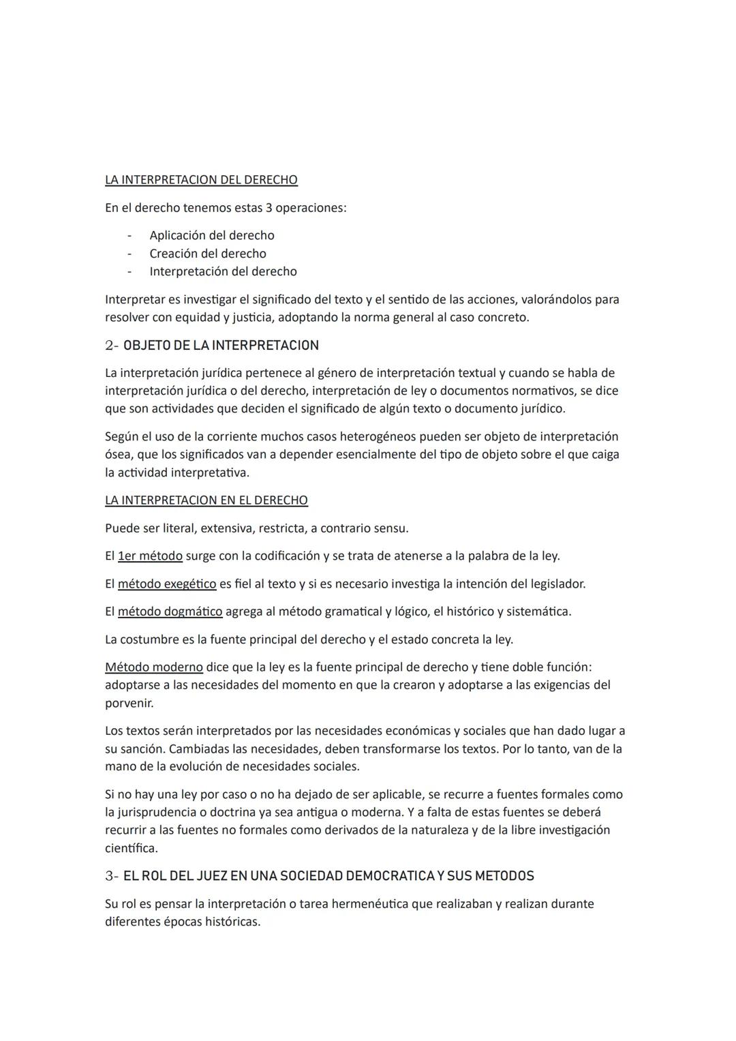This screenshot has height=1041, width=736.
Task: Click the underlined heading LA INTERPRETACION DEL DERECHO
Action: tap(201, 180)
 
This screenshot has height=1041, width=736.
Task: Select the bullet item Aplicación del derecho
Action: tap(212, 235)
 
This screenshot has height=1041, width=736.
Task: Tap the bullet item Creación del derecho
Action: tap(208, 254)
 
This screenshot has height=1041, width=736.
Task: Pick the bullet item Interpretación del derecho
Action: tap(223, 271)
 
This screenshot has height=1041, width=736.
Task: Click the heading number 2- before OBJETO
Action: tap(112, 346)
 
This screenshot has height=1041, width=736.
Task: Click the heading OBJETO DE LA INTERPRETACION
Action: tap(221, 346)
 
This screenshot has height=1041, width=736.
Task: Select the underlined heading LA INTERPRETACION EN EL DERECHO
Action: tap(206, 500)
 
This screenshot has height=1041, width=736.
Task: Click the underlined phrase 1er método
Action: tap(150, 556)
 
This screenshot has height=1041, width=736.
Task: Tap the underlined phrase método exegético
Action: tap(167, 584)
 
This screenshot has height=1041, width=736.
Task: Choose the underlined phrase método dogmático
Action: tap(170, 612)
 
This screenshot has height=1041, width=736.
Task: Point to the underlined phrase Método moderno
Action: tap(154, 667)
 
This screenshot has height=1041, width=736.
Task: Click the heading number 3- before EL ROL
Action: tap(112, 876)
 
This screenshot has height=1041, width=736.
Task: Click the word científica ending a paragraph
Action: tap(131, 848)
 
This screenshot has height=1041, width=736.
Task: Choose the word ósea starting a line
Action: tap(119, 455)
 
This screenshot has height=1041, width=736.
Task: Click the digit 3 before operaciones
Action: tap(269, 208)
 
